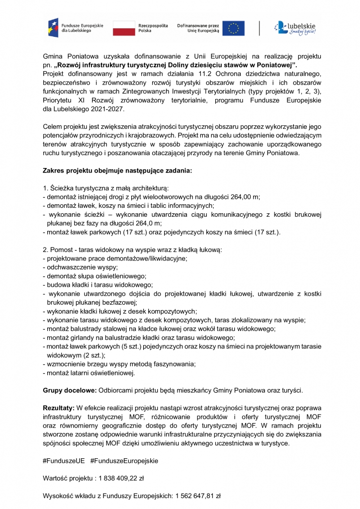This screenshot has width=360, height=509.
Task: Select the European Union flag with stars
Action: [233, 28]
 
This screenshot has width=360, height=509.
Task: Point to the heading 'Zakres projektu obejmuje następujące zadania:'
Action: [117, 170]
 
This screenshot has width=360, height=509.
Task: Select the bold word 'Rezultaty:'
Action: [59, 408]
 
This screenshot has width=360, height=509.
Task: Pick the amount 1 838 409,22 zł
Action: [120, 478]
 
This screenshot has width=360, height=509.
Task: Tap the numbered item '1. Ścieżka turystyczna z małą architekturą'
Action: [106, 188]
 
